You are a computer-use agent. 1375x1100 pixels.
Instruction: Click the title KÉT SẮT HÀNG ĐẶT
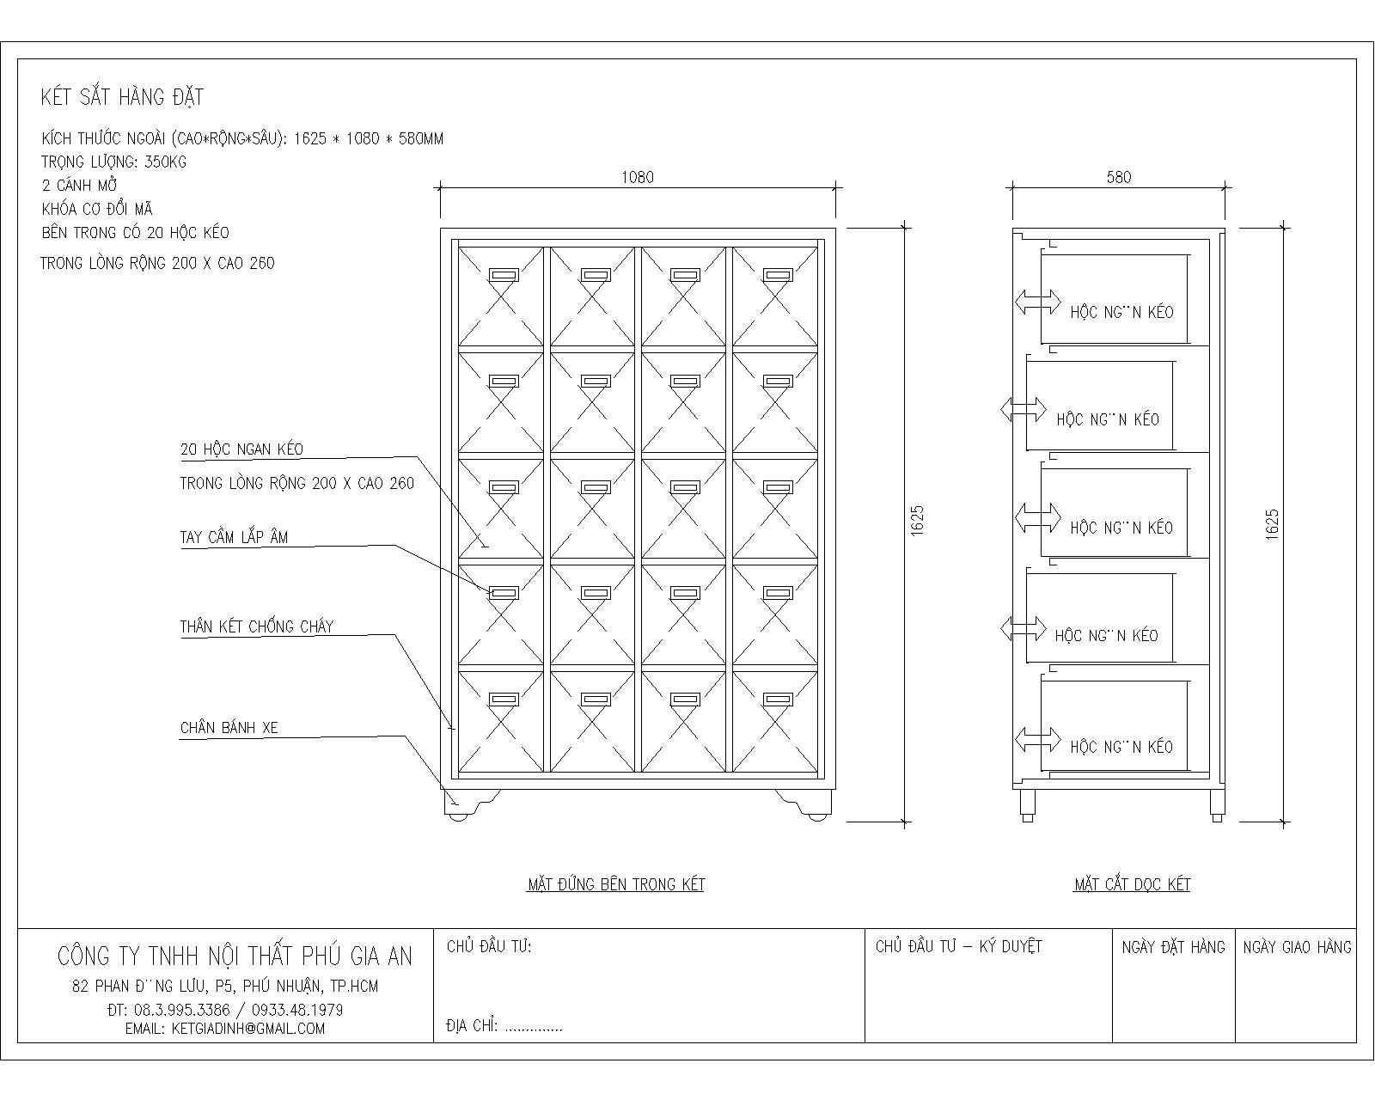coord(122,97)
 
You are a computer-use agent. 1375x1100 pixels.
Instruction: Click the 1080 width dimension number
coord(637,178)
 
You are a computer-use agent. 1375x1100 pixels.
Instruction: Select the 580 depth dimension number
coord(1118,178)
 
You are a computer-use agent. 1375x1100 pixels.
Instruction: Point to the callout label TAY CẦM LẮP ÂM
coord(234,538)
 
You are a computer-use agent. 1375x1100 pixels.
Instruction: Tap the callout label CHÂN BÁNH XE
coord(229,728)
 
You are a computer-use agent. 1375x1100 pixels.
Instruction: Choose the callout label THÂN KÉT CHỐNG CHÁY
coord(256,626)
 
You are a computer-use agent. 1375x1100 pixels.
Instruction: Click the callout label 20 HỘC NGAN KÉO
coord(241,449)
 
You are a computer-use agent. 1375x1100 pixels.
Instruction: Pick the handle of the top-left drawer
coord(504,275)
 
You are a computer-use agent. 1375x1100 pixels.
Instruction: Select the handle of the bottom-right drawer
coord(777,700)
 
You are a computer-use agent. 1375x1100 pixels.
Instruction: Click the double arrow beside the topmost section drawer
coord(1038,302)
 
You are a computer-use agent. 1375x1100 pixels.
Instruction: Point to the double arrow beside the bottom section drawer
coord(1038,739)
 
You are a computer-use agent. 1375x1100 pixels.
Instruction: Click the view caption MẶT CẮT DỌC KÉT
coord(1132,884)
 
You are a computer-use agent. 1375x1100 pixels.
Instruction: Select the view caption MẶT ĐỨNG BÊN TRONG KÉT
coord(615,884)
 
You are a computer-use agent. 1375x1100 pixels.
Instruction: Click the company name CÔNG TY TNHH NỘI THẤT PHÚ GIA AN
coord(235,956)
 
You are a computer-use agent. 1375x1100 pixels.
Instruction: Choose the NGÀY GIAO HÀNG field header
coord(1297,947)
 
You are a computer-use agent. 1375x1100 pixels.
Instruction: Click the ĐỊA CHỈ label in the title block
coord(472,1025)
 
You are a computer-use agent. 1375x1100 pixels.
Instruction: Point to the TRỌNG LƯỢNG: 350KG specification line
coord(113,162)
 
